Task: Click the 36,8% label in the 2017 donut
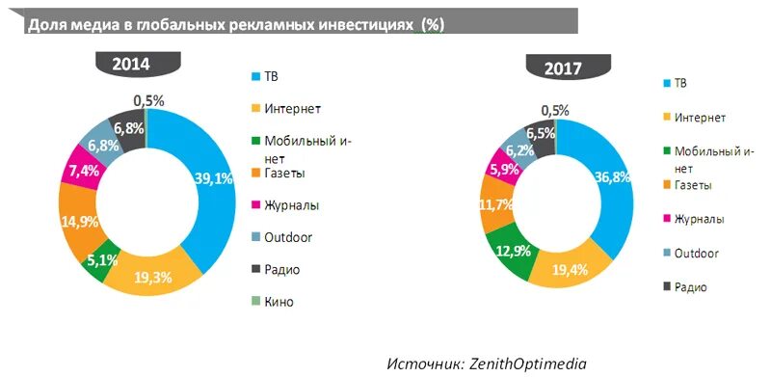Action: (612, 177)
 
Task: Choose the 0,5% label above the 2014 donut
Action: (149, 100)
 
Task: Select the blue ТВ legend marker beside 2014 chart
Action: (255, 75)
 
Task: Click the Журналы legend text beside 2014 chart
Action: (293, 204)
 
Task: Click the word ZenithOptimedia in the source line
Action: (528, 364)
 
